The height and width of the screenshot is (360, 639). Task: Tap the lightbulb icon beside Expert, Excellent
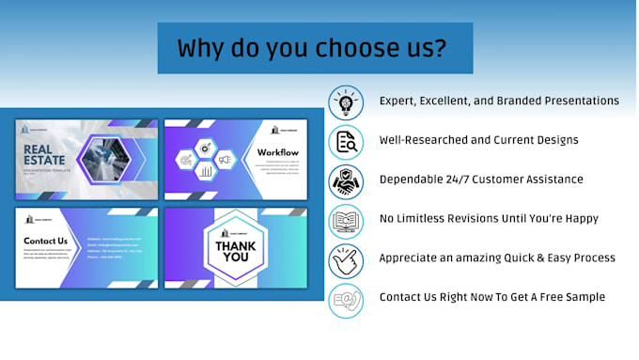pyautogui.click(x=346, y=102)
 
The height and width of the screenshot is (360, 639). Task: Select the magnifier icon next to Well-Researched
pyautogui.click(x=346, y=141)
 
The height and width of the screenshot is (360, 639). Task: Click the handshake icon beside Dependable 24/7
pyautogui.click(x=346, y=180)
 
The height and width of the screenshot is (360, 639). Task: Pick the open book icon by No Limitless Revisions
pyautogui.click(x=346, y=221)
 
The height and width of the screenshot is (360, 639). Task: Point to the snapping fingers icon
pyautogui.click(x=346, y=260)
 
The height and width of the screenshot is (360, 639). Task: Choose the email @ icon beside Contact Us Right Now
pyautogui.click(x=346, y=300)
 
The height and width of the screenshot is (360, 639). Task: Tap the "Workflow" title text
pyautogui.click(x=277, y=152)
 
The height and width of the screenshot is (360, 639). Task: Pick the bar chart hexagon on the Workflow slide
pyautogui.click(x=206, y=172)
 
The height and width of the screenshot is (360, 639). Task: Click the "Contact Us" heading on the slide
pyautogui.click(x=46, y=241)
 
